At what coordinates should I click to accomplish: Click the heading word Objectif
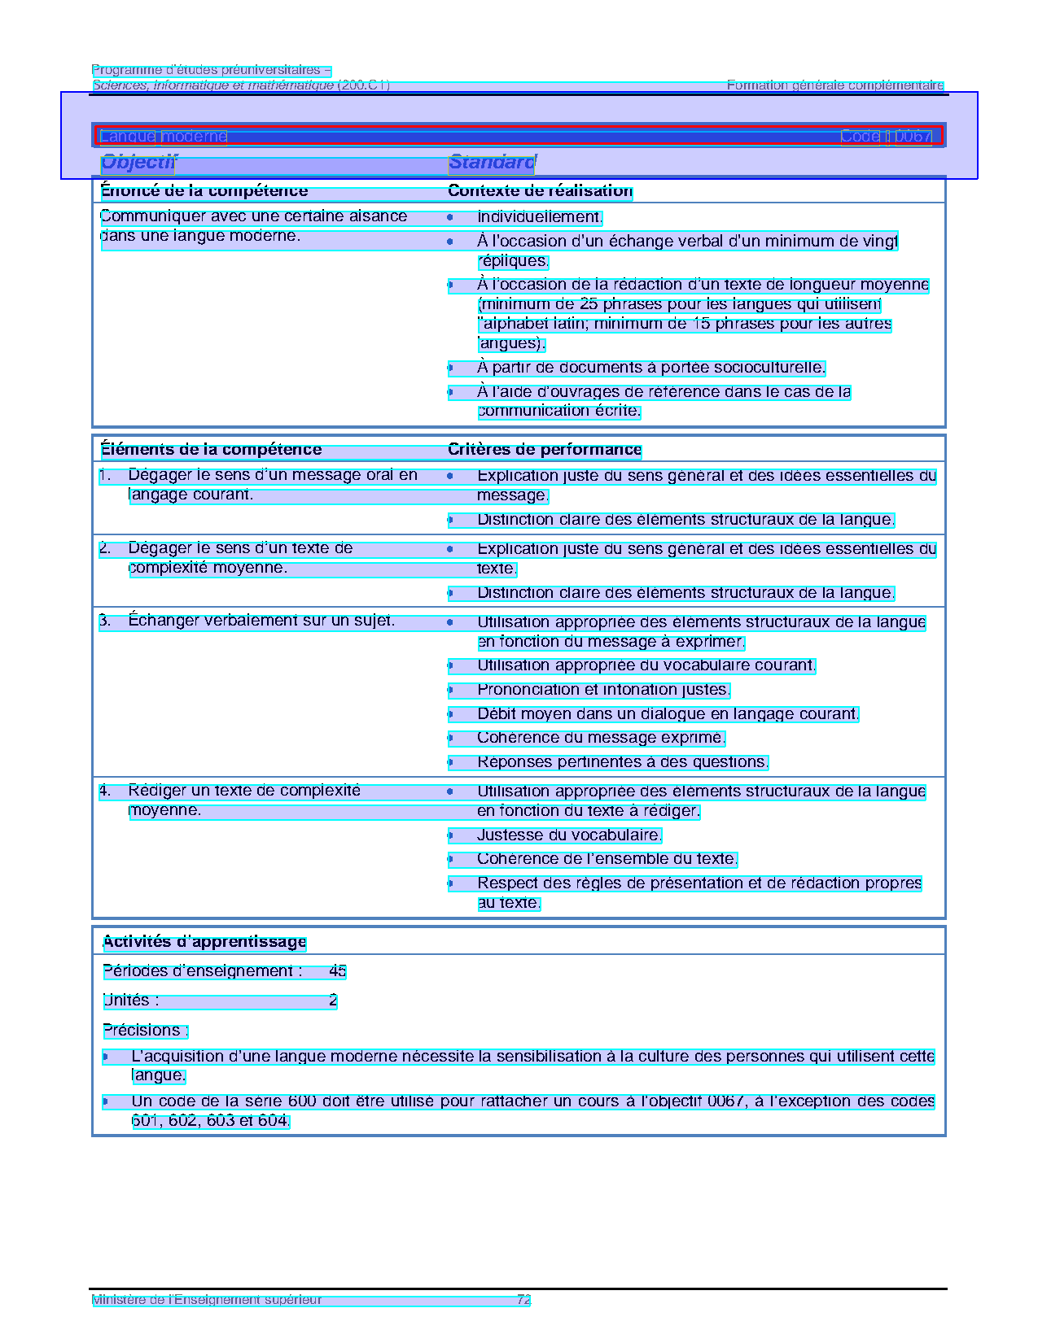(138, 163)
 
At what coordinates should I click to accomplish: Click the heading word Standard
(491, 163)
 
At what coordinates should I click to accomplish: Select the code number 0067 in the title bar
(910, 137)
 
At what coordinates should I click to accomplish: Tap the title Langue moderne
(163, 137)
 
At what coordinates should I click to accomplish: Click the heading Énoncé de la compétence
(204, 191)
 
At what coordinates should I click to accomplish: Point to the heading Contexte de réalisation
(540, 191)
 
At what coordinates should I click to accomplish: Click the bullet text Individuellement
(539, 217)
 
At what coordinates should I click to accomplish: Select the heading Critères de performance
(545, 450)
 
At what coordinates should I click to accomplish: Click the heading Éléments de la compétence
(210, 450)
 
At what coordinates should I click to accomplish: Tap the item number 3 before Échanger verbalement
(104, 621)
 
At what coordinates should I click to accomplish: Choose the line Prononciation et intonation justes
(602, 690)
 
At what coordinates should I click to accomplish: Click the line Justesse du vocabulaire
(569, 835)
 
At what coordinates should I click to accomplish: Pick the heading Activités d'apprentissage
(204, 942)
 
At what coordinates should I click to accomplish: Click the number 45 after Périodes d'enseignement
(337, 971)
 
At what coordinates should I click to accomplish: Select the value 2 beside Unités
(333, 1001)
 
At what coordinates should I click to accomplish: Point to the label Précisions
(145, 1031)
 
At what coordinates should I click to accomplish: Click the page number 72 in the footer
(523, 1300)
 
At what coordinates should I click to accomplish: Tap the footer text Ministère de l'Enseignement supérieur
(207, 1300)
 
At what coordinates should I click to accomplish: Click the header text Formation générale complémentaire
(834, 85)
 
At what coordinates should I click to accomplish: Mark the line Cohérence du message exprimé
(600, 738)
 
